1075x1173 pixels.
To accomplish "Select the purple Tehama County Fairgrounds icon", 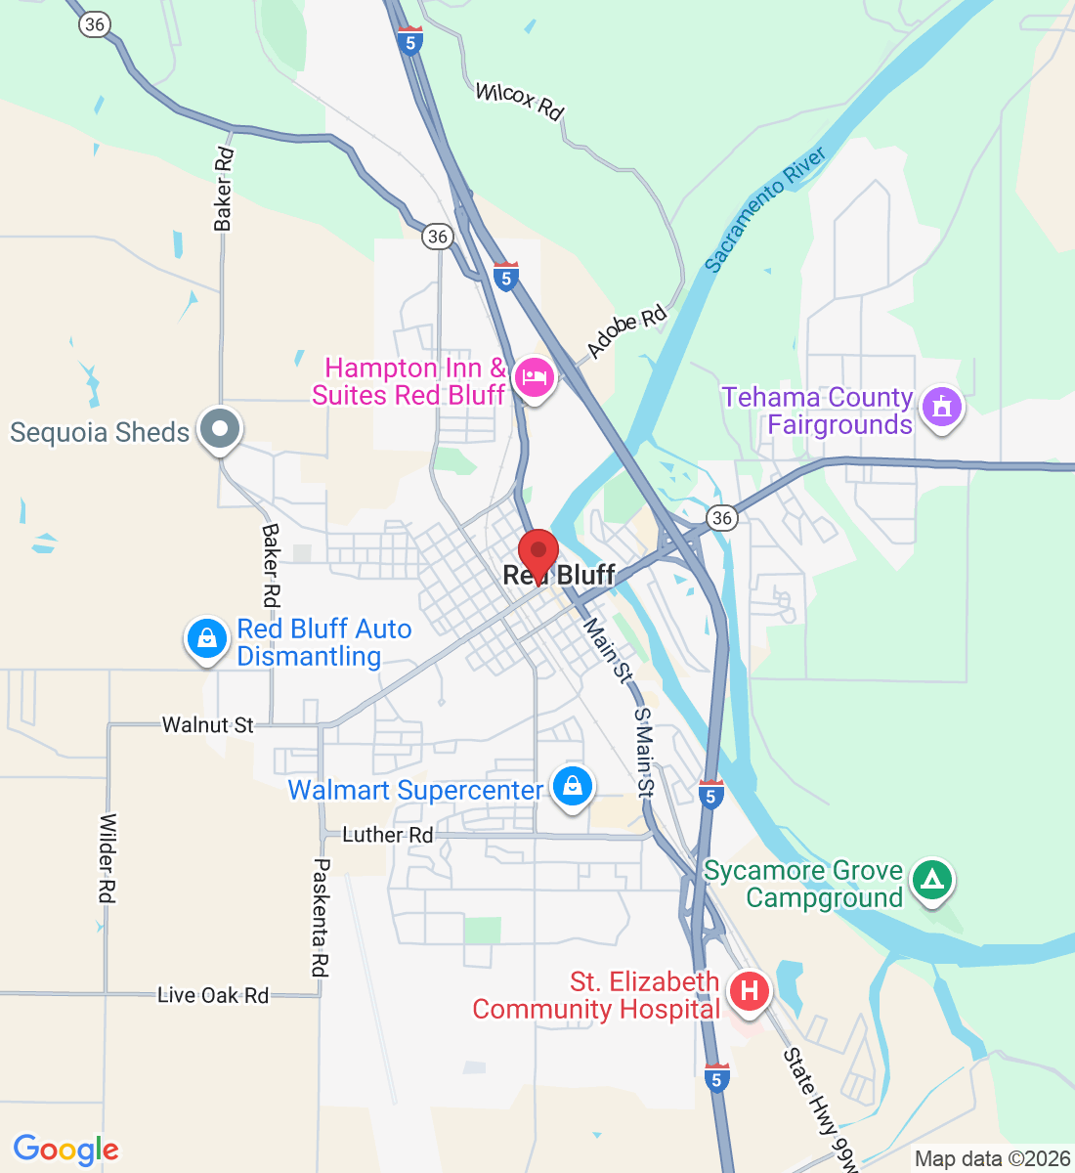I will click(x=941, y=406).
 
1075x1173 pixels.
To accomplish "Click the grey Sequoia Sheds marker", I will click(x=220, y=428).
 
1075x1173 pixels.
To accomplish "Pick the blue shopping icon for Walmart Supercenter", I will click(x=573, y=785).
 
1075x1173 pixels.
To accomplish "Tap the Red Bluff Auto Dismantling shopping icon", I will click(x=206, y=638).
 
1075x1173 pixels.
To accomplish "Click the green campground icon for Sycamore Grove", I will click(x=932, y=880).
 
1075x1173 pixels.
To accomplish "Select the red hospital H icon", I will click(x=749, y=991).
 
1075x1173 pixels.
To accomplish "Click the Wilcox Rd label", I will click(x=519, y=101).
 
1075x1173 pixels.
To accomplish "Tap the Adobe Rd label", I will click(x=626, y=331).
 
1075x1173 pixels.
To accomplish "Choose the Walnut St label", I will click(x=207, y=724).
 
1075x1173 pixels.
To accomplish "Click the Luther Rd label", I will click(x=387, y=835).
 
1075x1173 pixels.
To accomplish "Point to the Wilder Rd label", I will click(x=107, y=858).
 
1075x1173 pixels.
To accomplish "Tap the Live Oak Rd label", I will click(x=213, y=995).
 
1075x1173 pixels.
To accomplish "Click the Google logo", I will click(x=65, y=1150).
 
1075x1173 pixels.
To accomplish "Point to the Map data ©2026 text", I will click(x=992, y=1159).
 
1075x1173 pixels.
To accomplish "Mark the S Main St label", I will click(x=643, y=752).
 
